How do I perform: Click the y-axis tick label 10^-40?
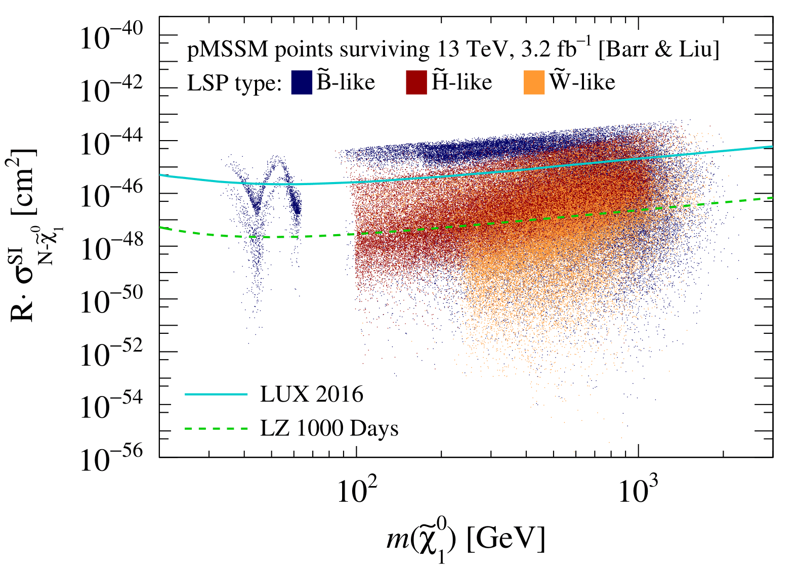click(x=111, y=37)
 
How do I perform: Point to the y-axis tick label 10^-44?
click(x=111, y=143)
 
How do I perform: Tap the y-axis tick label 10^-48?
click(x=111, y=248)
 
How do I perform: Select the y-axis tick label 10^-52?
click(x=111, y=354)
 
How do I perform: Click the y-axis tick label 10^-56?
click(x=111, y=459)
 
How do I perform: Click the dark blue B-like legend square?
click(x=302, y=82)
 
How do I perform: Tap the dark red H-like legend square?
click(x=416, y=82)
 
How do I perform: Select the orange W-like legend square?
click(x=534, y=82)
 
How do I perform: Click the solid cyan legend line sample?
click(x=216, y=394)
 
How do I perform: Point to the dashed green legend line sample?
click(x=216, y=428)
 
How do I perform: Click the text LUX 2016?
click(x=312, y=394)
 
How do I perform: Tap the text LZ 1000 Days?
click(x=329, y=428)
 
